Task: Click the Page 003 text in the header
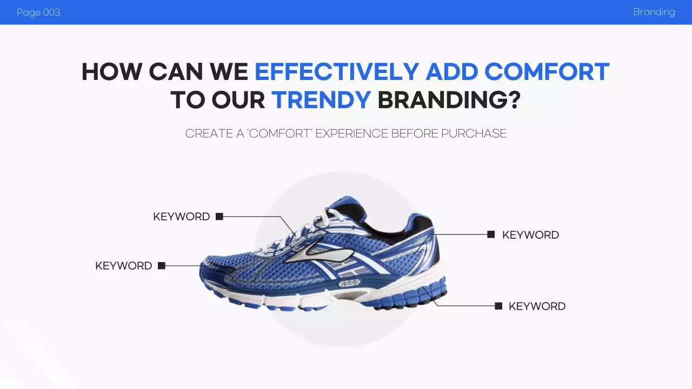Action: click(x=38, y=12)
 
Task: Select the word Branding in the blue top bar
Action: click(x=654, y=12)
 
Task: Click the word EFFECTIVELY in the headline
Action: click(x=336, y=72)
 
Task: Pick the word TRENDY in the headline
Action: click(x=321, y=100)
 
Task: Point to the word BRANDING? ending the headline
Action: click(x=449, y=100)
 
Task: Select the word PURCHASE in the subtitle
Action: click(x=474, y=133)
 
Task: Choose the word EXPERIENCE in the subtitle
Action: click(x=351, y=133)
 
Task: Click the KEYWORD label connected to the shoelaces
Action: click(x=181, y=217)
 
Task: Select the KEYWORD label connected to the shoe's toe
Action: click(x=123, y=266)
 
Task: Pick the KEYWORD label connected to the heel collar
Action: click(x=530, y=235)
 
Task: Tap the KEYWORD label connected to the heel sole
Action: click(x=537, y=306)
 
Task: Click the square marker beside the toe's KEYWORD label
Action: click(x=162, y=266)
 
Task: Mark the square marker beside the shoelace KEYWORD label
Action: click(x=219, y=217)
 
